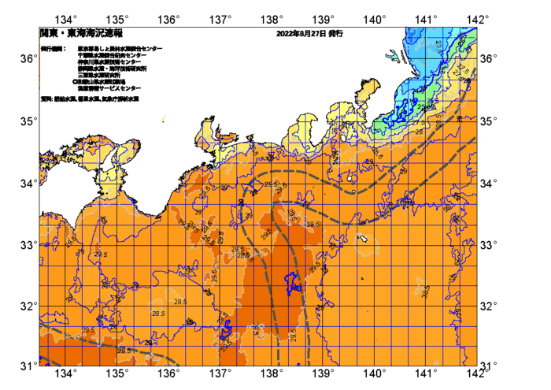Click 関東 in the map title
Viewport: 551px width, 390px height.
[x=50, y=34]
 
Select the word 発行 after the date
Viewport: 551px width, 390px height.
[x=335, y=34]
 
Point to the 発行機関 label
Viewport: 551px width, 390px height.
[x=54, y=49]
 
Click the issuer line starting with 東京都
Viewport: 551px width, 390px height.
[x=120, y=49]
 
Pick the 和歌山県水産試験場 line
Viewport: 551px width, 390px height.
[x=102, y=81]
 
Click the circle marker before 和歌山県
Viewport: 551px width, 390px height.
[x=75, y=81]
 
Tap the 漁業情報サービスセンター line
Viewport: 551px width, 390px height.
[x=109, y=87]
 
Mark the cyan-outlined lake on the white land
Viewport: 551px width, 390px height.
[x=392, y=56]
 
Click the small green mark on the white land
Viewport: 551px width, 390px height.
[x=163, y=119]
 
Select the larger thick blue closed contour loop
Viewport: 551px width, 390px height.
[x=293, y=281]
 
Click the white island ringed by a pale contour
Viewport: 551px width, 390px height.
[x=364, y=237]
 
